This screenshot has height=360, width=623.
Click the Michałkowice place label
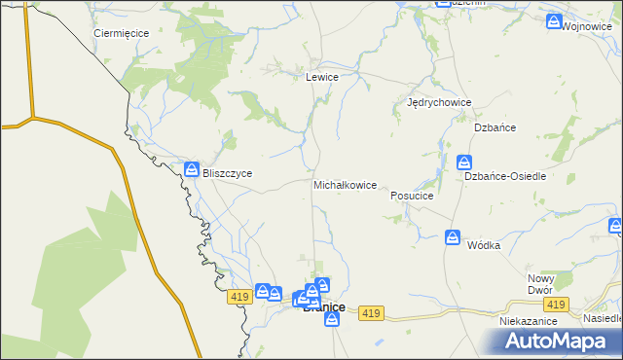pos(345,185)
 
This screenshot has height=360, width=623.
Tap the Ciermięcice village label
pos(121,33)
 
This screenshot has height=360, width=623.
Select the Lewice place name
pos(322,77)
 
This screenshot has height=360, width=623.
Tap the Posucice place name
pos(411,196)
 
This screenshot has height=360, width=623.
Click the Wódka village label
pos(483,245)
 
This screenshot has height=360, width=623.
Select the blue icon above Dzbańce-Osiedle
pos(465,162)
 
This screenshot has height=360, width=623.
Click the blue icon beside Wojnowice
pos(554,21)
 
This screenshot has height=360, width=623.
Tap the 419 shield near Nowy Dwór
pos(556,305)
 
